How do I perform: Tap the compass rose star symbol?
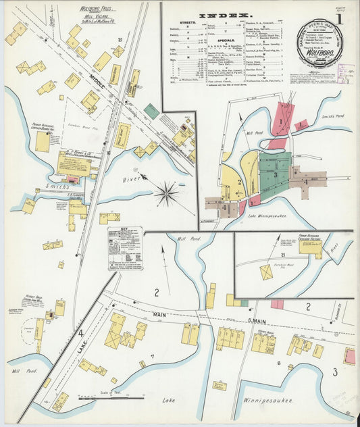pos(165,193)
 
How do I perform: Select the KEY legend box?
pos(125,248)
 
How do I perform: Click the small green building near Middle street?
pos(151,111)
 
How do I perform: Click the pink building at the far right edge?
pos(349,356)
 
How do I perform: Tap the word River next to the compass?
pos(132,180)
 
